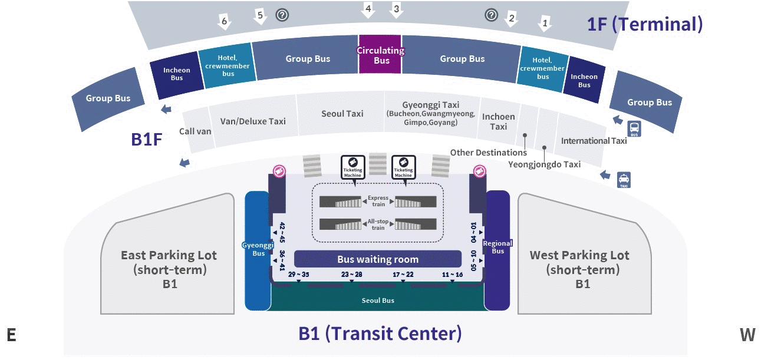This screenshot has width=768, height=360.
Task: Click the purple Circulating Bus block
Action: point(381,56)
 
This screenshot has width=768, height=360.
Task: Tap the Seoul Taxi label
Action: point(342,114)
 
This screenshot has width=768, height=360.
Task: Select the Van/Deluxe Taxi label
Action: point(252,121)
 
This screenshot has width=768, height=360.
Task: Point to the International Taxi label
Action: point(594,141)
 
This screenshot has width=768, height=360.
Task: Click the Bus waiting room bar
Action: point(377,259)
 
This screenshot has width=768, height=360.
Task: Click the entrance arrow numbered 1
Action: point(545,24)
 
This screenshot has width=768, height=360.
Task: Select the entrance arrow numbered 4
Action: point(368,10)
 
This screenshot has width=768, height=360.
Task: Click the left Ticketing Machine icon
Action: point(353,167)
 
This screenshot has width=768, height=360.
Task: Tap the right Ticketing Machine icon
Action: point(403,167)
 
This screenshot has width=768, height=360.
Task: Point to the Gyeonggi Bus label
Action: point(258,249)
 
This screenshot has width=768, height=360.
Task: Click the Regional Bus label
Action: point(497,247)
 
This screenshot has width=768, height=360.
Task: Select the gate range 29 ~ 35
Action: point(298,275)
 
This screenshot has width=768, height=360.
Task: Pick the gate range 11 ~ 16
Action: point(452,275)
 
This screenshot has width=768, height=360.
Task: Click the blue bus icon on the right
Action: point(634,129)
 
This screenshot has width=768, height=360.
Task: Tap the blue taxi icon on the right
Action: point(624,180)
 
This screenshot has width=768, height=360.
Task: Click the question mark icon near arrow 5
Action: point(282,15)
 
